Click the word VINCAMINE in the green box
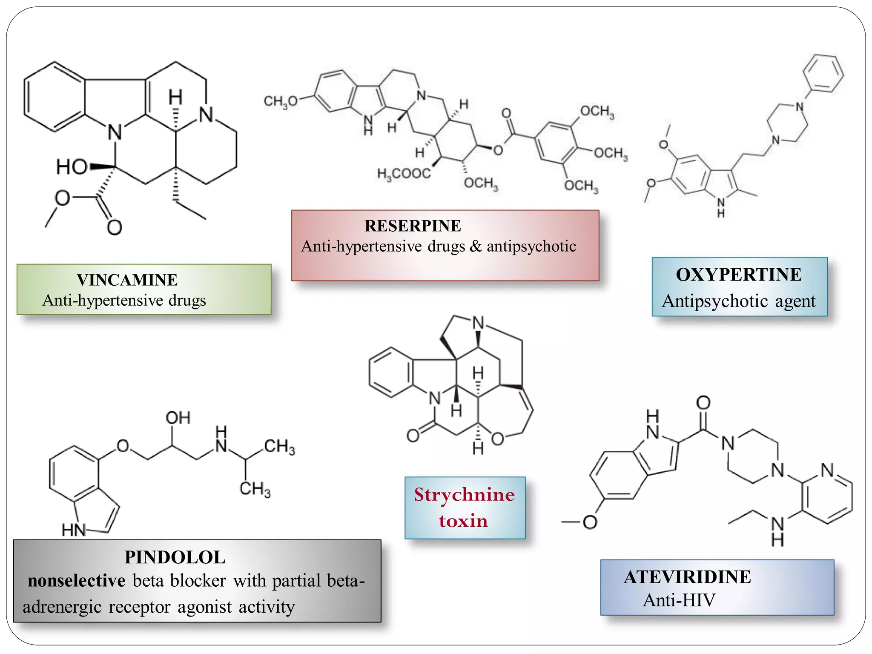[x=127, y=280]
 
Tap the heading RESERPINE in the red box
[x=413, y=226]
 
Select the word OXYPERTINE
[x=739, y=275]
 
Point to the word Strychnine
[x=465, y=494]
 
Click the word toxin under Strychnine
[x=463, y=521]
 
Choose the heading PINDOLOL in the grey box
[x=175, y=557]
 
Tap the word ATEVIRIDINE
[x=687, y=577]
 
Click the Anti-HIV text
[x=679, y=600]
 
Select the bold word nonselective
[x=77, y=581]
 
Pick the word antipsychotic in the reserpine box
[x=531, y=246]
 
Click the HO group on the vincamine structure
[x=72, y=167]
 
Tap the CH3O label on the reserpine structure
[x=280, y=101]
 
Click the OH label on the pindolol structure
[x=178, y=418]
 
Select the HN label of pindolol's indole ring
[x=74, y=530]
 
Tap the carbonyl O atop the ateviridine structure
[x=703, y=403]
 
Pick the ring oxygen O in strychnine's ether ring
[x=497, y=439]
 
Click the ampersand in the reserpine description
[x=476, y=246]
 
